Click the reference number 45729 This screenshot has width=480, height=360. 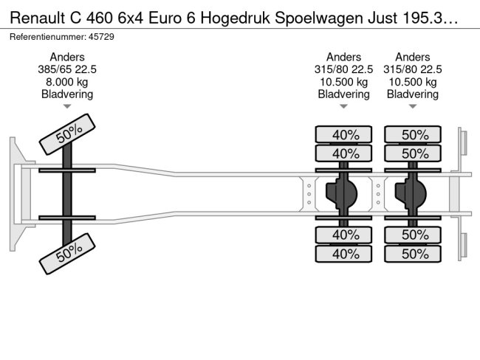point(101,37)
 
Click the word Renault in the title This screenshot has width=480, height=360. point(38,18)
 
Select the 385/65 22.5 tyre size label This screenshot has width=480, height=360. point(67,69)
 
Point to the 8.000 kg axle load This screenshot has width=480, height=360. point(67,82)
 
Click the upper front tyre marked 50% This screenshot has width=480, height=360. point(67,134)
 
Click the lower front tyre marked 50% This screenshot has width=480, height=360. point(67,254)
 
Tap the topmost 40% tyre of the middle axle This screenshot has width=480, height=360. point(343,134)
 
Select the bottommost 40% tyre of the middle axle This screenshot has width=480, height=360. point(343,254)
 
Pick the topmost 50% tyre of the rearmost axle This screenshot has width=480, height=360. point(413,134)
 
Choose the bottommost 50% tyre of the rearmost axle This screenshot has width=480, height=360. point(413,254)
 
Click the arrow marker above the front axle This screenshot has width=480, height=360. point(67,106)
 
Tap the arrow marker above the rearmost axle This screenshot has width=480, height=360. point(413,106)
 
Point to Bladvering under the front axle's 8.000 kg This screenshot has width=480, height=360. point(67,94)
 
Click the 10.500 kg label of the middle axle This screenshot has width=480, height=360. point(344,82)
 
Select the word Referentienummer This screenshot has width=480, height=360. point(48,37)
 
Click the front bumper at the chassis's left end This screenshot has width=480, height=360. point(20,194)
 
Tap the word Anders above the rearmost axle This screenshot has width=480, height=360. point(413,57)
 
